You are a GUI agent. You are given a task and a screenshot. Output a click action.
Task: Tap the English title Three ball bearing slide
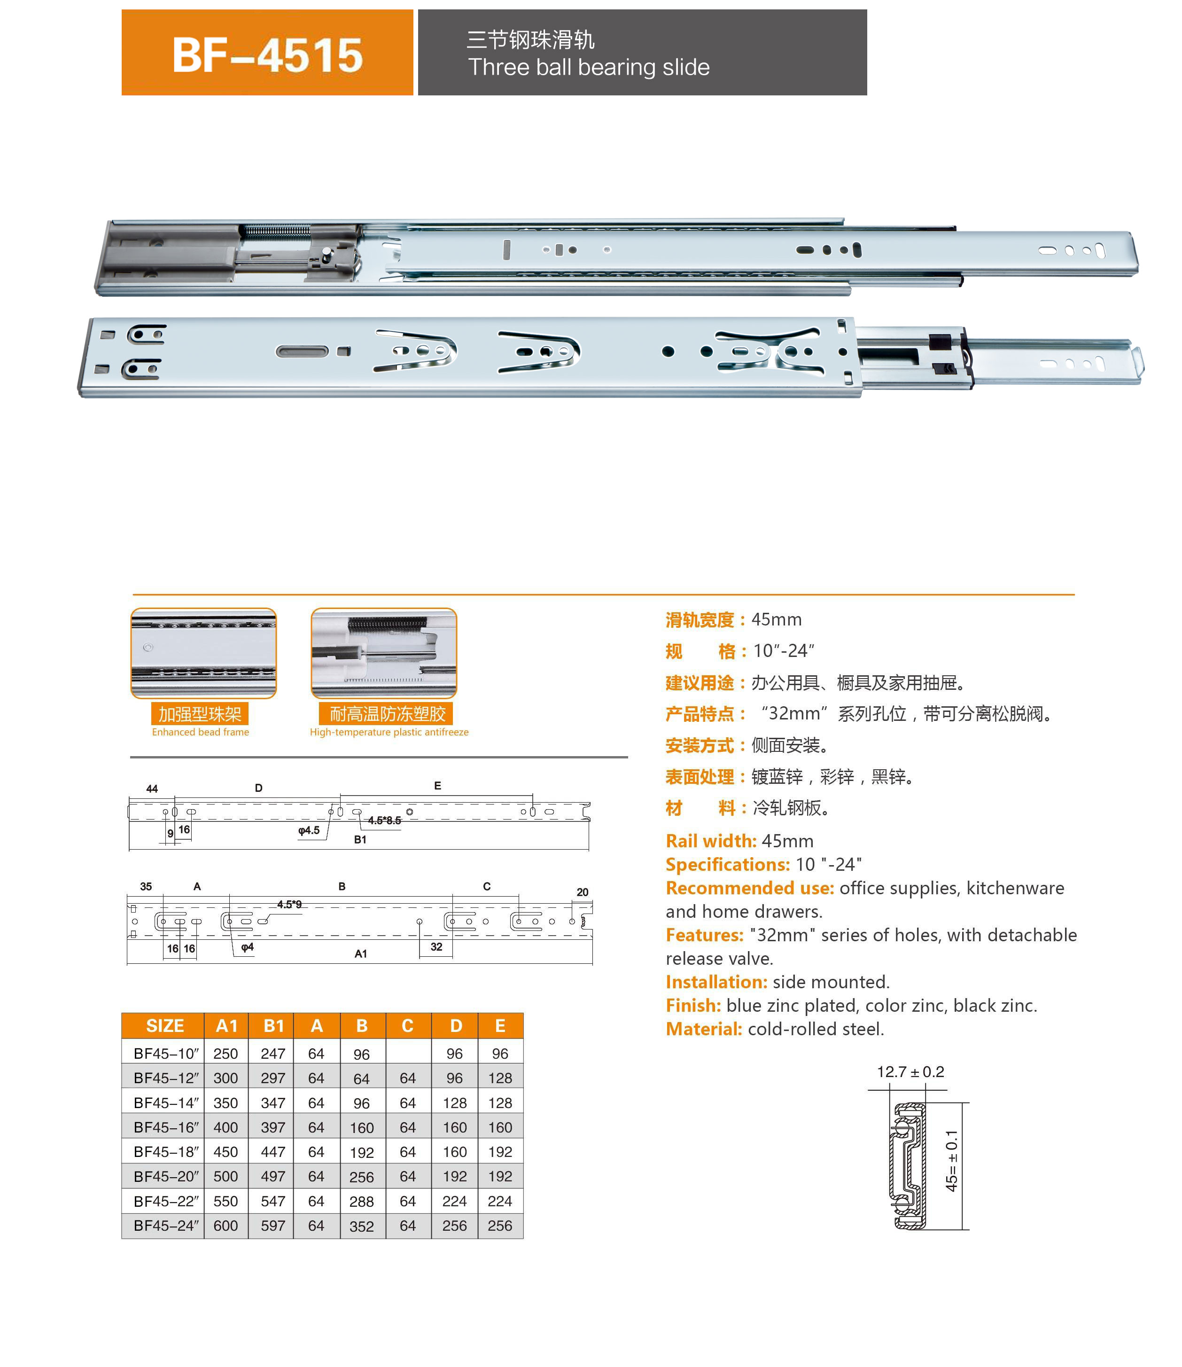pyautogui.click(x=588, y=67)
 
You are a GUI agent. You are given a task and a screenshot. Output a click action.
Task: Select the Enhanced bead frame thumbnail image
pyautogui.click(x=203, y=653)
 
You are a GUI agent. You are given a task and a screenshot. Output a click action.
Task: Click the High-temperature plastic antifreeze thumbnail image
pyautogui.click(x=384, y=653)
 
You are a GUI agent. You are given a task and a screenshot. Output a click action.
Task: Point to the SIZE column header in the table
pyautogui.click(x=164, y=1026)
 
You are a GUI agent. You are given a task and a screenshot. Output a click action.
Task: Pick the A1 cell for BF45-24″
pyautogui.click(x=226, y=1226)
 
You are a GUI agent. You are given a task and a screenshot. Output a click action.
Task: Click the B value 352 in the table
pyautogui.click(x=361, y=1226)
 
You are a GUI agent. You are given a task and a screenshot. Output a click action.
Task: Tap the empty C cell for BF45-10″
pyautogui.click(x=408, y=1054)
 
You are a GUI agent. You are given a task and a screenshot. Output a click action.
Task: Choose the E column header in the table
pyautogui.click(x=500, y=1026)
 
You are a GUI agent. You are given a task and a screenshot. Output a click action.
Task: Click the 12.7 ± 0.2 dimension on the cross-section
pyautogui.click(x=910, y=1072)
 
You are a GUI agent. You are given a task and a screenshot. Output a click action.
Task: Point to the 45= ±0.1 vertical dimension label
pyautogui.click(x=951, y=1161)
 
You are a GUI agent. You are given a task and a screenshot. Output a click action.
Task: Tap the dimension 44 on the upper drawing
pyautogui.click(x=152, y=789)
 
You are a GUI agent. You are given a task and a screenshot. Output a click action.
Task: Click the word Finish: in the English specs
pyautogui.click(x=693, y=1006)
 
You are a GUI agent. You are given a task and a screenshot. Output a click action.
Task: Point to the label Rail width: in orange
pyautogui.click(x=710, y=841)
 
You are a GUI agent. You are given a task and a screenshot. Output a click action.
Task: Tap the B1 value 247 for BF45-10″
pyautogui.click(x=272, y=1054)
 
